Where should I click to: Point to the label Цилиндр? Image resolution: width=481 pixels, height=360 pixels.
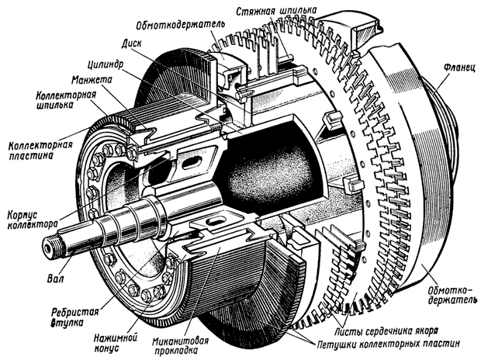(107, 64)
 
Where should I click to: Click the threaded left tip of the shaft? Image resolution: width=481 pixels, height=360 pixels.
(52, 247)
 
